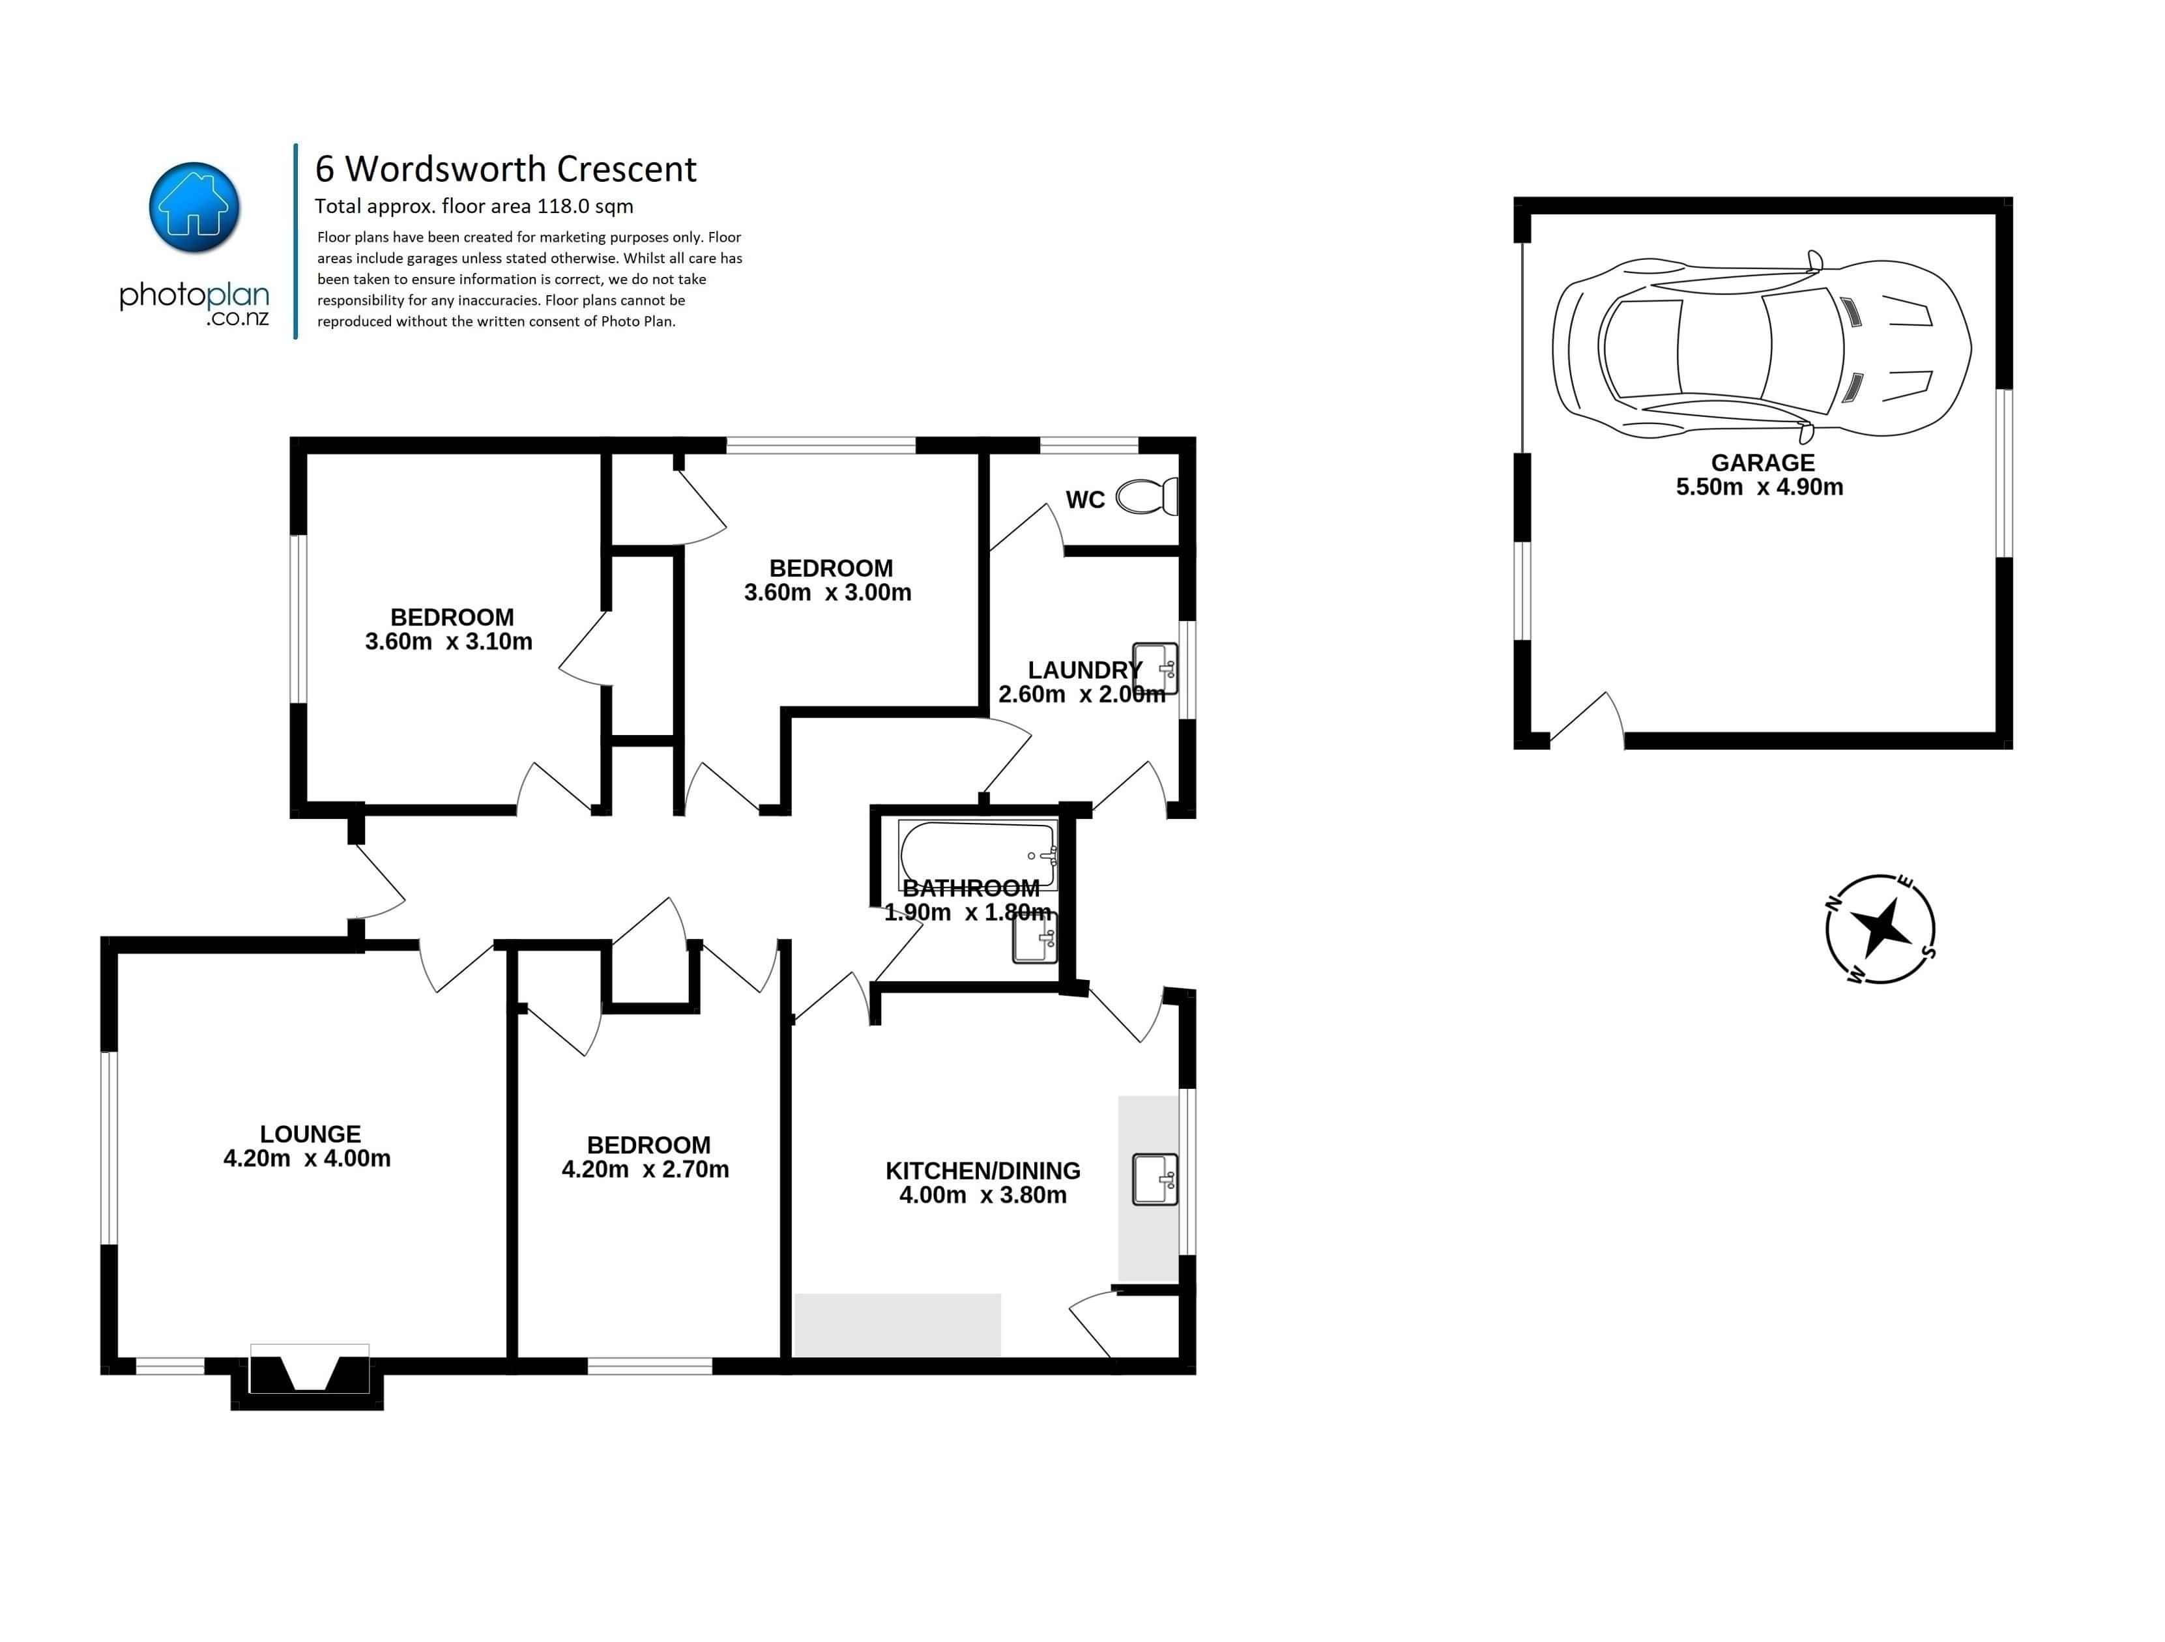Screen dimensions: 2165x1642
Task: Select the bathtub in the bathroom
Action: [978, 854]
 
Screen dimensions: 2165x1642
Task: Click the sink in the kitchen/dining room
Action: [1155, 1179]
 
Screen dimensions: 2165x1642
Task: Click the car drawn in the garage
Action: [1762, 347]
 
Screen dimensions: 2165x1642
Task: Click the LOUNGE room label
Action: [310, 1134]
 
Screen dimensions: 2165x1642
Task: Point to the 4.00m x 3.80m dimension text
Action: [983, 1195]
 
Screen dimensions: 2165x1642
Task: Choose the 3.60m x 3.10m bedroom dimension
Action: [448, 642]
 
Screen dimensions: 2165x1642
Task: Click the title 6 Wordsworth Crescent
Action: [505, 169]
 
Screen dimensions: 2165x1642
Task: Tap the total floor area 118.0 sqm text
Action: [474, 207]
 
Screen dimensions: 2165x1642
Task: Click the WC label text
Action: [1084, 500]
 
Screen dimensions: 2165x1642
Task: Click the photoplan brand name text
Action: [194, 296]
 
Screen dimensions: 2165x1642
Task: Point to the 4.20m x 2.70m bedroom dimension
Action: [645, 1170]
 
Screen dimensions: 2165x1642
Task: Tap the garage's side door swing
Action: [1588, 718]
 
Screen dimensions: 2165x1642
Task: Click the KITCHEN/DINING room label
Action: [983, 1170]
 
